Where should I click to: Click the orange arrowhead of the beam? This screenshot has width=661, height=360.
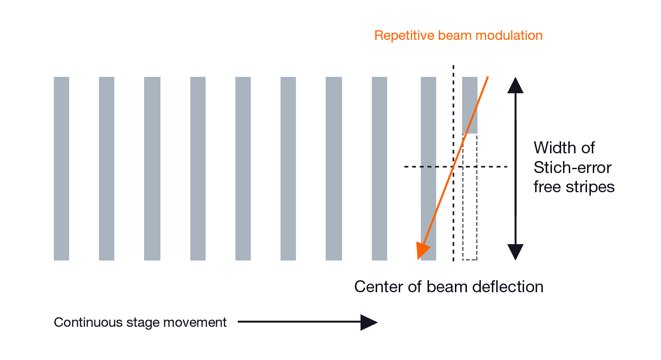(423, 250)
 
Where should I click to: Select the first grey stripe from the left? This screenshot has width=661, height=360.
(61, 168)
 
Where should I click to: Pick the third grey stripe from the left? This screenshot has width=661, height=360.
(152, 168)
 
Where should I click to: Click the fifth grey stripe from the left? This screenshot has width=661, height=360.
(243, 168)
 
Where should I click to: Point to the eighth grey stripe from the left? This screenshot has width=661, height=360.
(379, 168)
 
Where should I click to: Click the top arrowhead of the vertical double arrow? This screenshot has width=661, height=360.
(515, 85)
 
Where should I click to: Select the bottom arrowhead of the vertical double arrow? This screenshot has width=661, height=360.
(515, 252)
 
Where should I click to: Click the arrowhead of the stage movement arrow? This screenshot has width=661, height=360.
(368, 322)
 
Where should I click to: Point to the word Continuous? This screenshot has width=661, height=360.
(82, 322)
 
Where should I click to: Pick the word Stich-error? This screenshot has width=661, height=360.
(573, 167)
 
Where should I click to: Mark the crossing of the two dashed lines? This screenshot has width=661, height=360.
(453, 167)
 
